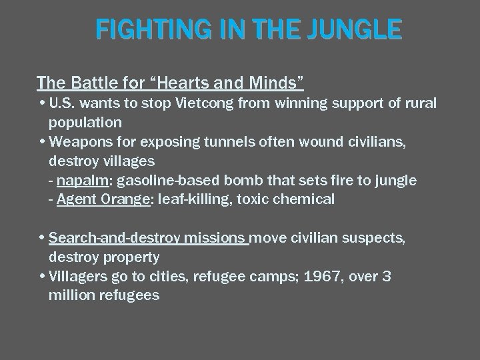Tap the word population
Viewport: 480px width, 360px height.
tap(85, 123)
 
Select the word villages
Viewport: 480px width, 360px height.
tap(126, 161)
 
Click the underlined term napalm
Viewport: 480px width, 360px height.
tap(79, 181)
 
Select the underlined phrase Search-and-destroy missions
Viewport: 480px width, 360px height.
tap(149, 238)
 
